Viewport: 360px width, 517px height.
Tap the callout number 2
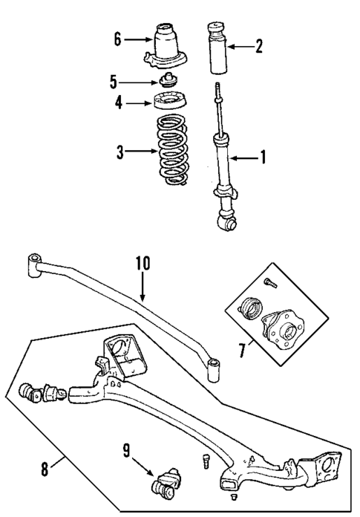coord(258,47)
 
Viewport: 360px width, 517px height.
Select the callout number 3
coord(120,153)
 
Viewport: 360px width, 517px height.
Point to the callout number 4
coord(119,104)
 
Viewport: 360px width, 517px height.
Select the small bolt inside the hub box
coord(269,282)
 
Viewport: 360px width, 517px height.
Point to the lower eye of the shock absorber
coord(225,219)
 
